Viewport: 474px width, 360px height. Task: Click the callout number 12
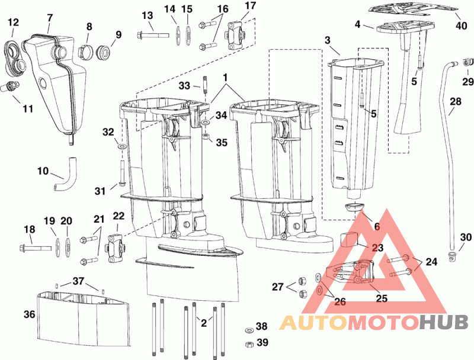pos(13,22)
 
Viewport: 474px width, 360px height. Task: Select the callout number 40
pos(461,26)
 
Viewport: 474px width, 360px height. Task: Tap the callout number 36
pos(29,314)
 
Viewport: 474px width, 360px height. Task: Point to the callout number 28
pos(455,102)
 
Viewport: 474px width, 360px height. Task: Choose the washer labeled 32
pos(121,145)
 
